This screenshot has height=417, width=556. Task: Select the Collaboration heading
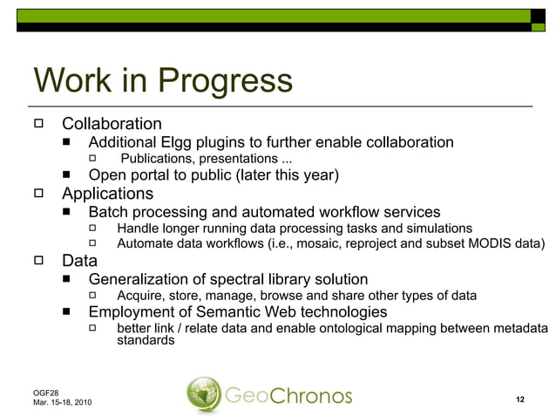click(112, 124)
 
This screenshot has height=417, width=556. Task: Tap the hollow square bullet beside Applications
click(38, 194)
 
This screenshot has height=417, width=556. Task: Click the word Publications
click(157, 159)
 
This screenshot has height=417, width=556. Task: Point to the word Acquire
click(142, 296)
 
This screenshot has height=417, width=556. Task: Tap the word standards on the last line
click(146, 341)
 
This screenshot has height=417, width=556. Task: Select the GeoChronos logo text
click(288, 396)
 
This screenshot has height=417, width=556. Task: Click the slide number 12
click(519, 400)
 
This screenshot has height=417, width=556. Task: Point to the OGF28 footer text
click(44, 393)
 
